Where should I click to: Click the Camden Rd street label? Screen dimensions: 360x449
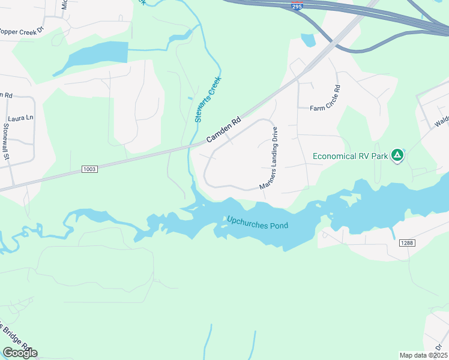[223, 129]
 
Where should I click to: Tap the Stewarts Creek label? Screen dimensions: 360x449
[208, 99]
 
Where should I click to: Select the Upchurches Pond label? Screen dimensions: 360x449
[257, 223]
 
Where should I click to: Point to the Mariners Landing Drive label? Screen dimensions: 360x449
[269, 158]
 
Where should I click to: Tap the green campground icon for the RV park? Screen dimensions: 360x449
[396, 156]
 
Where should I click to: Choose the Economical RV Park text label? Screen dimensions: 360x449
[351, 157]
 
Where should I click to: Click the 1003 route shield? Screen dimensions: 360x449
[89, 170]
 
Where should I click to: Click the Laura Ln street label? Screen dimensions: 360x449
[21, 118]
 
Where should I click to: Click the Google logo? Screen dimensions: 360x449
[20, 352]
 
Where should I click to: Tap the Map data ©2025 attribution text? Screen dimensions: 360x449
[423, 355]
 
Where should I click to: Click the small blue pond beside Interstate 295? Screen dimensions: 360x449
[308, 40]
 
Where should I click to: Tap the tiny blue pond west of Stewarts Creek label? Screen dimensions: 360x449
[190, 98]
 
